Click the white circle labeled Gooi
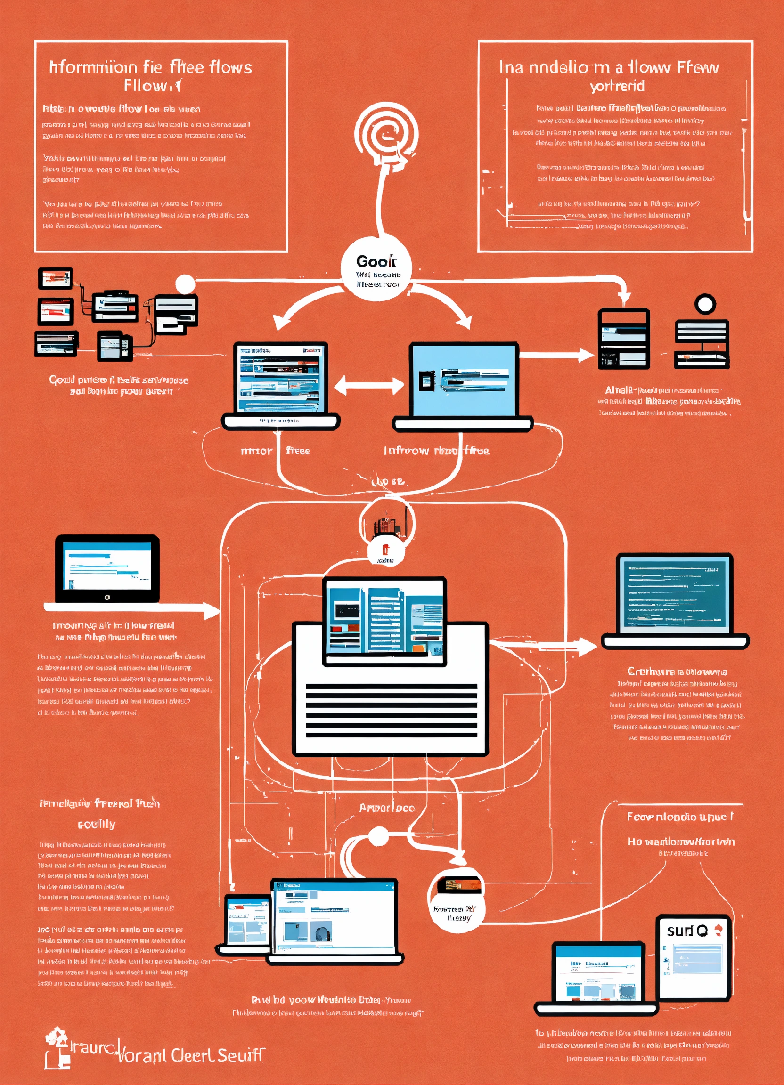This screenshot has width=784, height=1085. click(376, 269)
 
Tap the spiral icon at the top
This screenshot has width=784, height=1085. click(386, 134)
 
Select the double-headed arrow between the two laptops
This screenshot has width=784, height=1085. click(368, 386)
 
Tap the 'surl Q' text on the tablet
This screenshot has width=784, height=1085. click(687, 931)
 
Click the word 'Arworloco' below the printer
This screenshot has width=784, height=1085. click(387, 809)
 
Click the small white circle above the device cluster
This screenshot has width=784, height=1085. click(185, 284)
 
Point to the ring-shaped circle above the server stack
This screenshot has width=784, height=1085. click(704, 304)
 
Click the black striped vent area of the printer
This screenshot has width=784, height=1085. click(391, 710)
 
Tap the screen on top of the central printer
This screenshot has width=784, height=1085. click(385, 621)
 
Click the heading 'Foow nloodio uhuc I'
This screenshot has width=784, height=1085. click(680, 817)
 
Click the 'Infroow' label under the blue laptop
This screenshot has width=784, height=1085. click(406, 451)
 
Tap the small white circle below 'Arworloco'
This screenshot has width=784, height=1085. click(378, 837)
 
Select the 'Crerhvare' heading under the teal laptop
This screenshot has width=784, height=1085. click(677, 671)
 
